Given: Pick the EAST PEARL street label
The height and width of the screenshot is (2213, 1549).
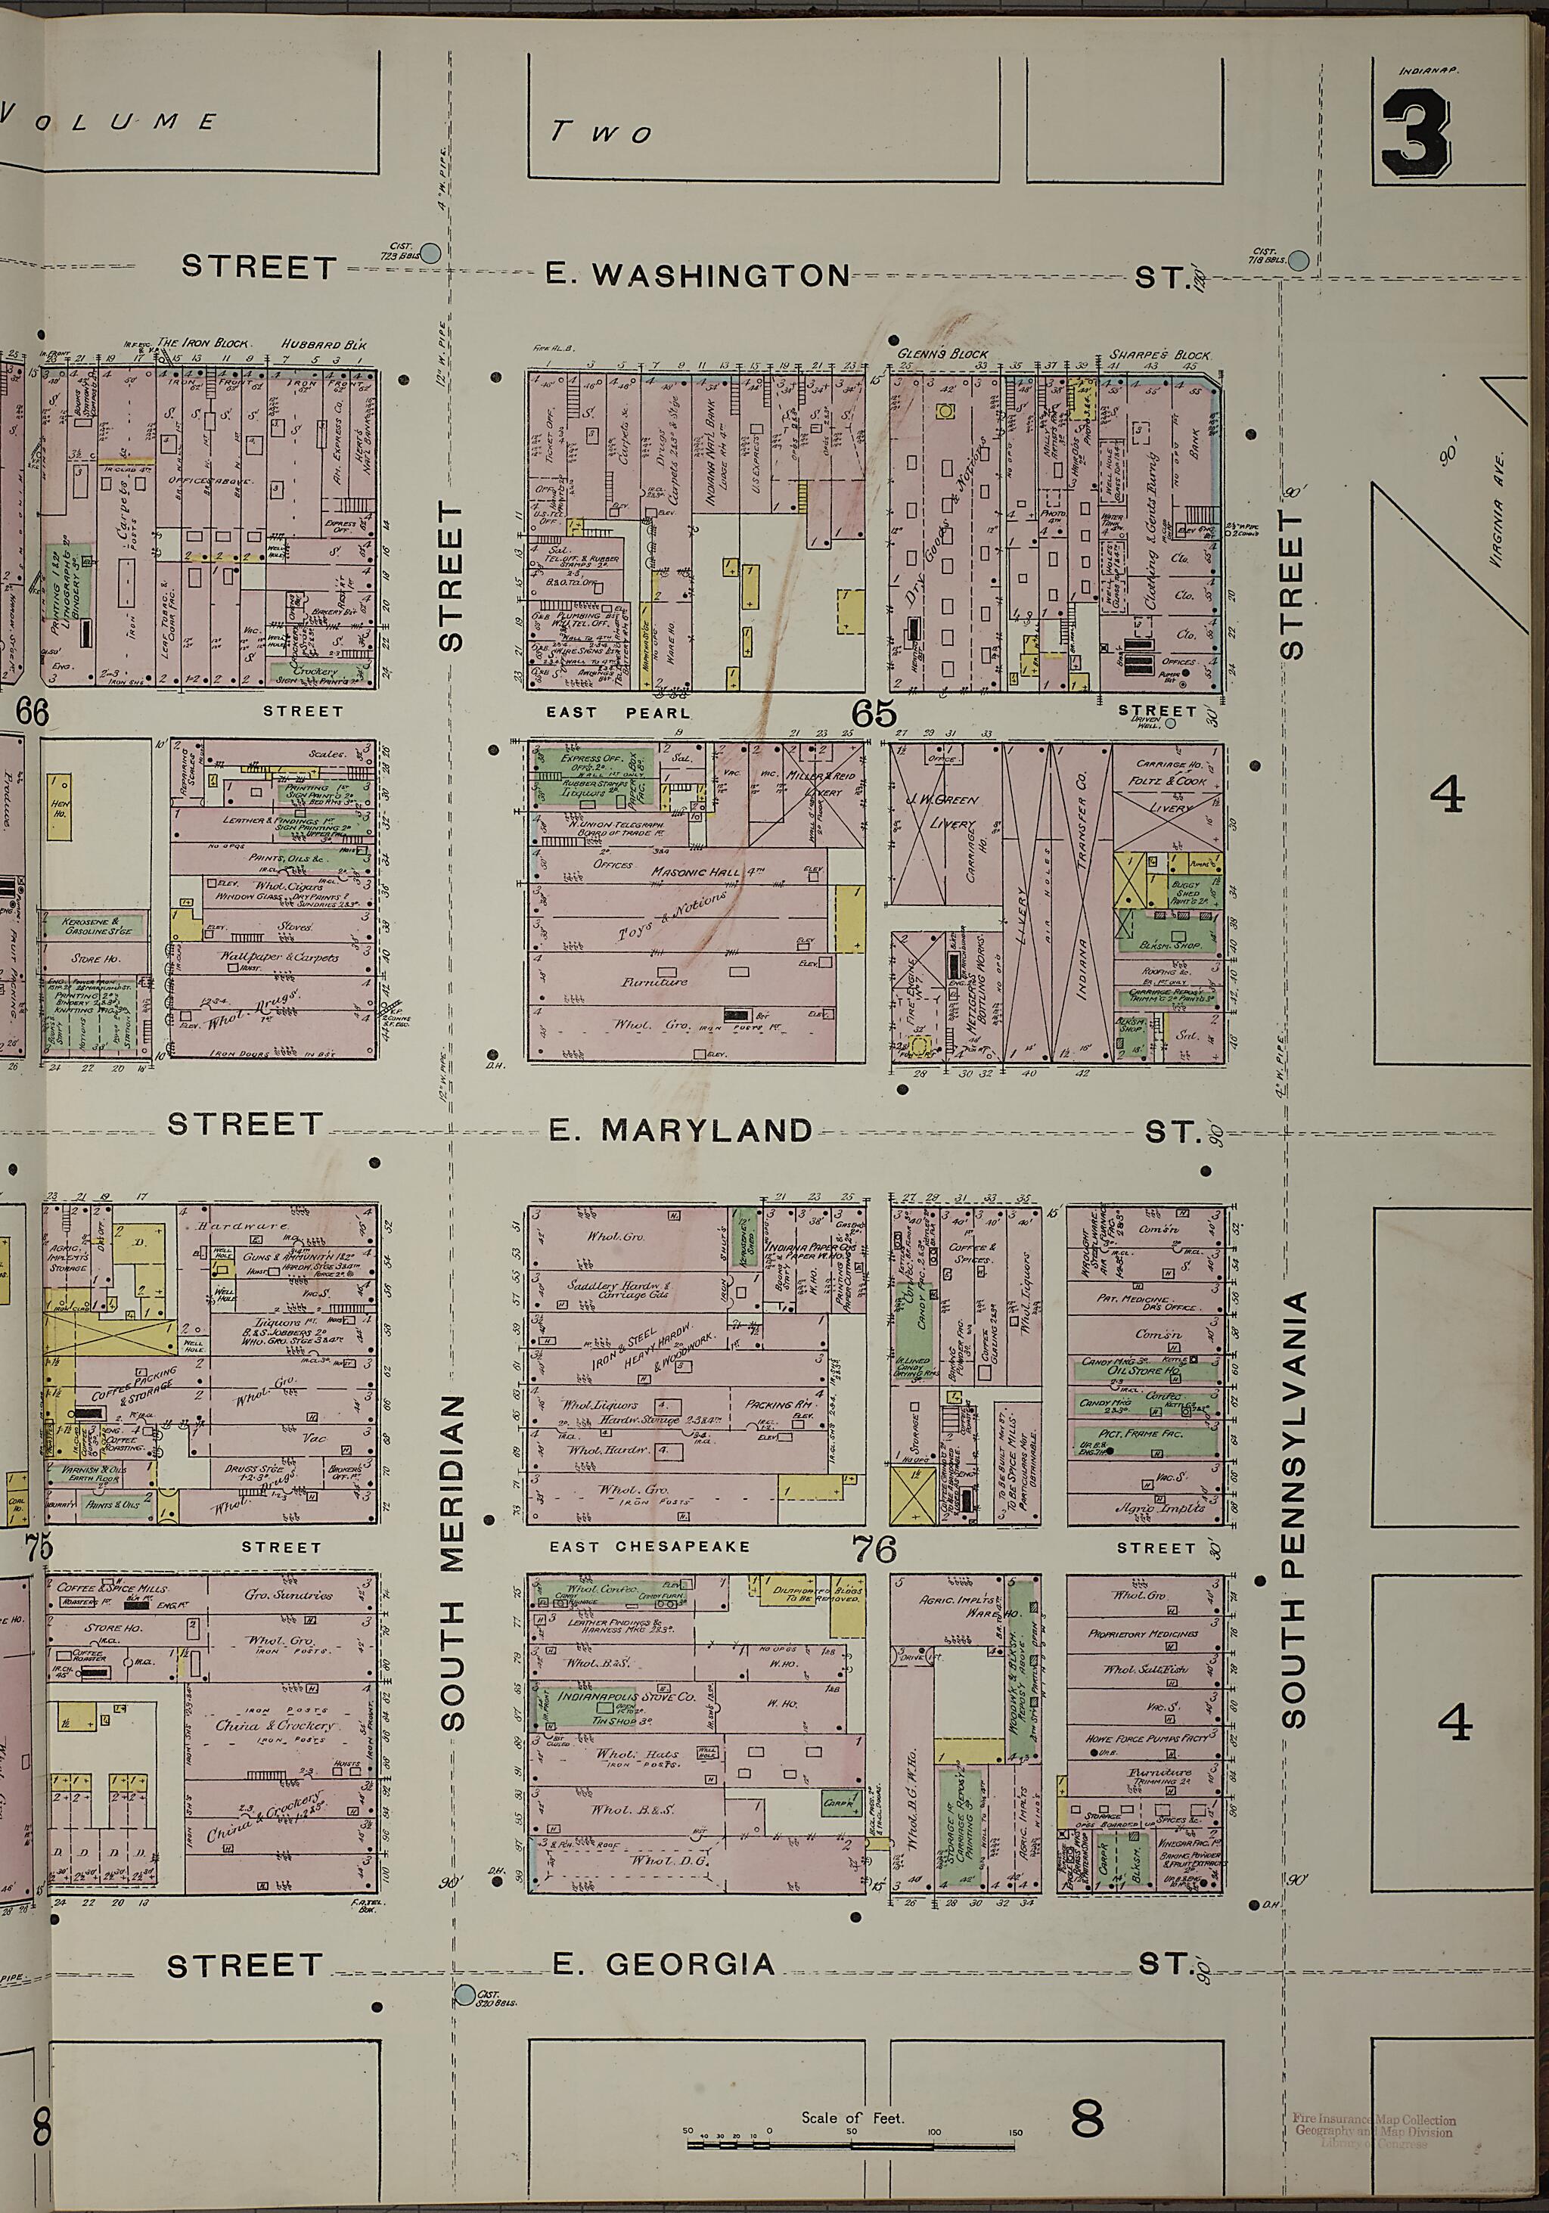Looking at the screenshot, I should (x=618, y=713).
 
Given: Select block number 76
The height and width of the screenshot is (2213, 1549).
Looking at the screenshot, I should (x=874, y=1549).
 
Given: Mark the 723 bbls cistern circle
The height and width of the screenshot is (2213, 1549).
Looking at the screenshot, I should (x=430, y=253).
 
